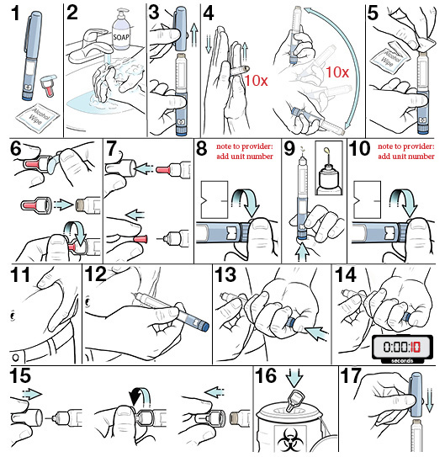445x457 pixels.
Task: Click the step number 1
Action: tap(12, 13)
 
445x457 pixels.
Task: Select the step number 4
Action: tap(209, 13)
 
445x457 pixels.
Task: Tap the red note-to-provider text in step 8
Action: tap(246, 149)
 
